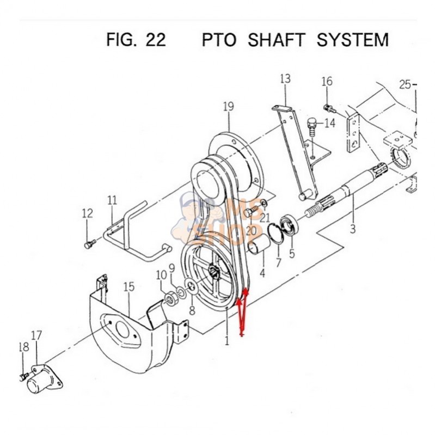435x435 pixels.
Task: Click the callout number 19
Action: pyautogui.click(x=228, y=107)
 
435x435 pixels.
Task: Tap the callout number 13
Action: pyautogui.click(x=285, y=79)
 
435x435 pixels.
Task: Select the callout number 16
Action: pyautogui.click(x=327, y=82)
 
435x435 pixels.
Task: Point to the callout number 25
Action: pyautogui.click(x=405, y=84)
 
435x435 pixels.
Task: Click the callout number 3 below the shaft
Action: pyautogui.click(x=352, y=229)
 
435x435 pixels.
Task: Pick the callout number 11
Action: pyautogui.click(x=112, y=200)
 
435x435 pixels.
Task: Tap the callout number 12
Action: pyautogui.click(x=88, y=213)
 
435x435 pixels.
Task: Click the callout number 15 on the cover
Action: pyautogui.click(x=128, y=287)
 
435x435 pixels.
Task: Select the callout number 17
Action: pyautogui.click(x=36, y=336)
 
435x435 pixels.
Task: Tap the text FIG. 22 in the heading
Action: pyautogui.click(x=135, y=40)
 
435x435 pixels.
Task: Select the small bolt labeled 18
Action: pyautogui.click(x=23, y=376)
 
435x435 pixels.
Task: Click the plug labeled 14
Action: pyautogui.click(x=313, y=127)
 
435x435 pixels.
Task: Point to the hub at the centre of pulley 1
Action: pyautogui.click(x=213, y=269)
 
